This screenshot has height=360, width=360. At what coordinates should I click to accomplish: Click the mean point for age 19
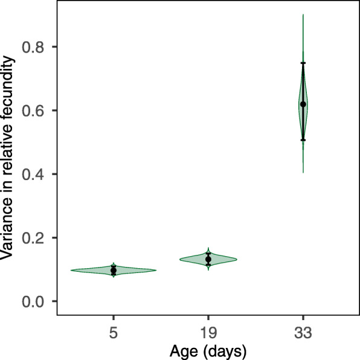tap(208, 259)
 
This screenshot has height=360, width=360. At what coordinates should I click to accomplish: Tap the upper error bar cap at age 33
tap(303, 63)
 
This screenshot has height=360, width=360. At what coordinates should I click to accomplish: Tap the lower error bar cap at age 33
tap(303, 140)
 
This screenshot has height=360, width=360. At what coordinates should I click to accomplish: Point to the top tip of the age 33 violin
tap(303, 14)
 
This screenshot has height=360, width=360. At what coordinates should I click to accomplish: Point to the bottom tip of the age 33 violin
tap(303, 173)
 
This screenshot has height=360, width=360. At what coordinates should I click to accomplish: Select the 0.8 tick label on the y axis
tap(36, 47)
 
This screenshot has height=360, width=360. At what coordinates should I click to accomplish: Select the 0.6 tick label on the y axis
tap(36, 111)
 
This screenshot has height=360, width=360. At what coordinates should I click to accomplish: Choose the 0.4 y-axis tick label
tap(36, 174)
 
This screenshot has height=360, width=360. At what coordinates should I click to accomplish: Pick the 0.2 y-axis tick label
tap(36, 238)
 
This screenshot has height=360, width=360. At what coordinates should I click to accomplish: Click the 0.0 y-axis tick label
tap(36, 301)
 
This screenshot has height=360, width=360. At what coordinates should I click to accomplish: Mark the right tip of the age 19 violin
tap(236, 259)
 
